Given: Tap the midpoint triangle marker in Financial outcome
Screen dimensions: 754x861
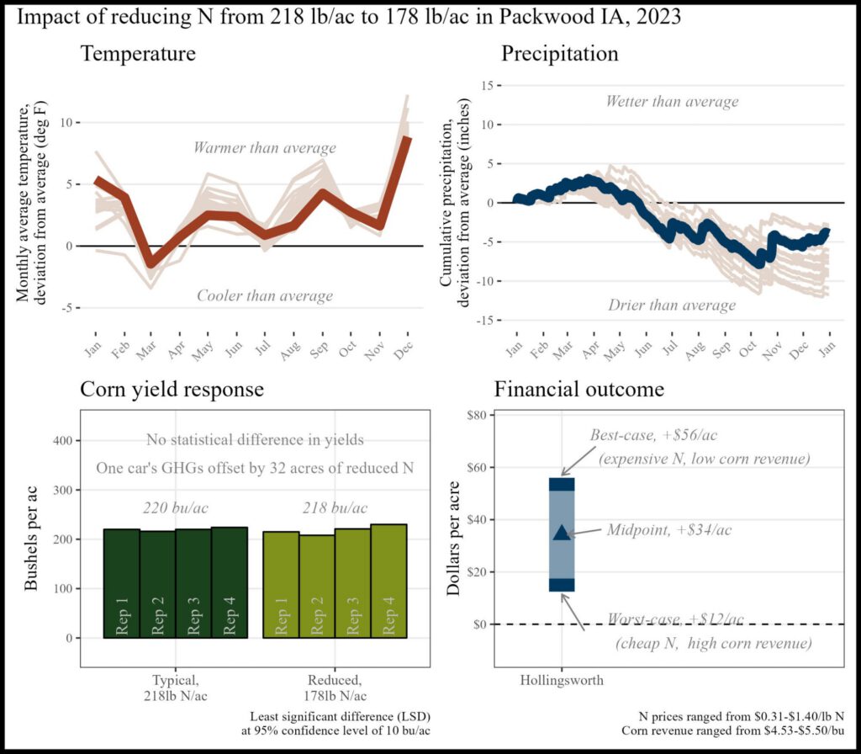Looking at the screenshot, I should [x=562, y=533].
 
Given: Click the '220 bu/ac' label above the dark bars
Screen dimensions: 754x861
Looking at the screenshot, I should [x=175, y=508].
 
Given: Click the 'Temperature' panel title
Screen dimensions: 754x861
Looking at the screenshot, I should [x=138, y=55].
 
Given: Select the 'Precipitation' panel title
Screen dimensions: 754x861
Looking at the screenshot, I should [x=559, y=55].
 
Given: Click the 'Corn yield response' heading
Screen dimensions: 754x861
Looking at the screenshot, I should [x=172, y=390].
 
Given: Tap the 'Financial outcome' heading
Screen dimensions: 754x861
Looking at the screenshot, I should [x=579, y=390].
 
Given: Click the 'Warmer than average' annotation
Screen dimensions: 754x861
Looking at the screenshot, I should [x=264, y=148].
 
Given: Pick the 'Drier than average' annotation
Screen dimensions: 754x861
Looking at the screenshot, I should [x=672, y=304].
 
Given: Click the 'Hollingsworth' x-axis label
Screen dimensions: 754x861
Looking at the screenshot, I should [x=562, y=680].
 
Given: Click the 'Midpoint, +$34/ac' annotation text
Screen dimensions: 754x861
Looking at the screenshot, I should [x=668, y=531].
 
